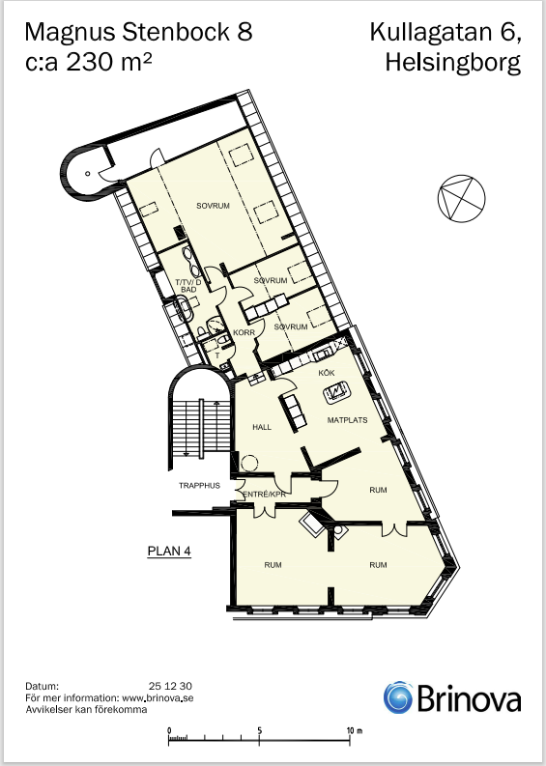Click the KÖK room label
pos(327,373)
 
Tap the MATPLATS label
pos(347,420)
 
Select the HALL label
pos(262,427)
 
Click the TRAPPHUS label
pos(199,486)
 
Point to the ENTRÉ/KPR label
pos(265,495)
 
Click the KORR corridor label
pos(244,332)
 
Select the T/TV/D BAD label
pos(188,286)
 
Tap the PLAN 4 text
pos(169,551)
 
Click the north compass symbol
pos(461,198)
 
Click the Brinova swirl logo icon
pos(398,697)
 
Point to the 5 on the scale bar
pos(260,731)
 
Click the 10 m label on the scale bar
pos(355,731)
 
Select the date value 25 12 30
pos(170,687)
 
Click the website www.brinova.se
pos(158,698)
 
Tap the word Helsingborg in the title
pos(452,63)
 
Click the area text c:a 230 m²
pos(88,62)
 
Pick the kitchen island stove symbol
pos(336,392)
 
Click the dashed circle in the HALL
pos(249,463)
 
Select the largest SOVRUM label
pos(214,206)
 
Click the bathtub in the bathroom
pos(183,308)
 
